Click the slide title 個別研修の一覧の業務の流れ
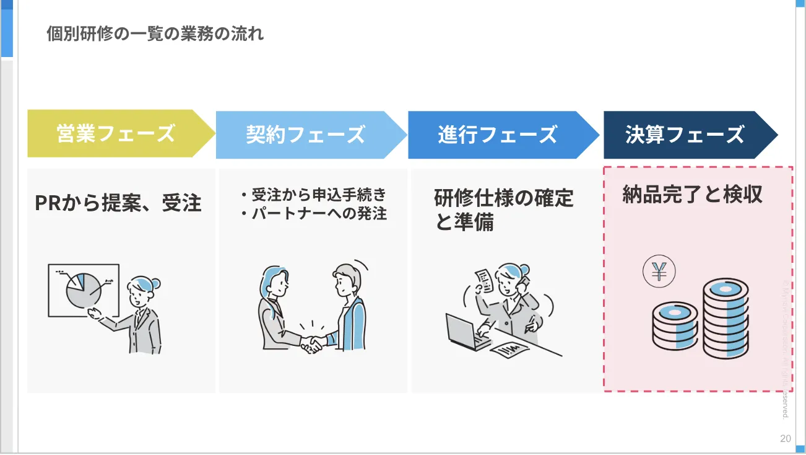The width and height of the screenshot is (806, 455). click(x=155, y=33)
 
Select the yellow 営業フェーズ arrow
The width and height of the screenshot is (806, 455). click(x=116, y=134)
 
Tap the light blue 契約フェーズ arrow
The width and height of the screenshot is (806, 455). click(x=306, y=134)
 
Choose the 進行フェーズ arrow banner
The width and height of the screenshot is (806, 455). click(x=498, y=134)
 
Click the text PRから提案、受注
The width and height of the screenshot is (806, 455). click(x=118, y=203)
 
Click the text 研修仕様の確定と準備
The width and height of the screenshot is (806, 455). click(x=504, y=210)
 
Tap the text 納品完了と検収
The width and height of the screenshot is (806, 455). click(x=692, y=195)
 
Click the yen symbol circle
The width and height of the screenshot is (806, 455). click(x=659, y=272)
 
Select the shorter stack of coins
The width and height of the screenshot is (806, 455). click(x=675, y=325)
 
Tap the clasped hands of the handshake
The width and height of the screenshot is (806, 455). click(x=311, y=343)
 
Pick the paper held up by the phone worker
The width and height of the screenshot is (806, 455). click(x=484, y=281)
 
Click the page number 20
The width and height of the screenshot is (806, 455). click(x=785, y=439)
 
